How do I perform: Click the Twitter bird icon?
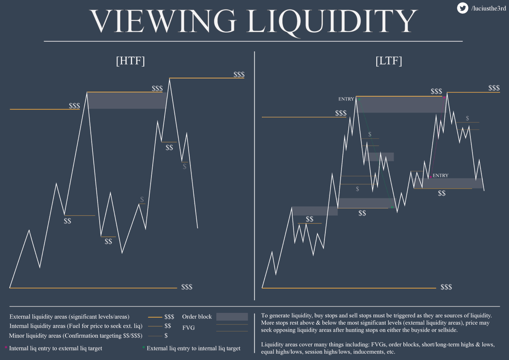pos(462,8)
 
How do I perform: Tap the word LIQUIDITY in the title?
pos(332,20)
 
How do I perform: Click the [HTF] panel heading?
pos(130,61)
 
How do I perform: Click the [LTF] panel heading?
pos(389,61)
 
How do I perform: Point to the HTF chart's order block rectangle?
pos(126,100)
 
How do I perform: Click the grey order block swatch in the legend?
pos(232,317)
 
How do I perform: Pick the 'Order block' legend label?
pos(197,317)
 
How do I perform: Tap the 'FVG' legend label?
pos(188,328)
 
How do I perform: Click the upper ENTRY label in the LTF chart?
pos(346,99)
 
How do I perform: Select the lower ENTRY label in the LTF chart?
pos(440,175)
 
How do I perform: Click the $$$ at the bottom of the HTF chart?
pos(187,287)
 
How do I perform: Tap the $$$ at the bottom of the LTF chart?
pos(446,287)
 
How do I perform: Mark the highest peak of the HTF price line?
pos(170,78)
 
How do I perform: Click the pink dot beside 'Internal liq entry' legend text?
pos(6,347)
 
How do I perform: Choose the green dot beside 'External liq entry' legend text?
pos(143,347)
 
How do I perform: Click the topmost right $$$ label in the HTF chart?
pos(239,75)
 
